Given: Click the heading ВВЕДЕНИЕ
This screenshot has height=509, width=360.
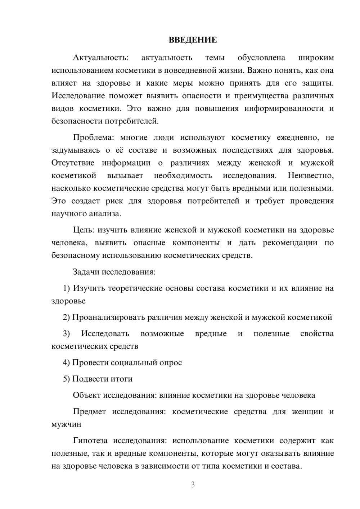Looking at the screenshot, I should (x=193, y=40).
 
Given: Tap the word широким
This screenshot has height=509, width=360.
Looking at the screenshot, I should (x=316, y=58).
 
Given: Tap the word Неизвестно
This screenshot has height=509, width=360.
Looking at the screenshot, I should (x=310, y=176).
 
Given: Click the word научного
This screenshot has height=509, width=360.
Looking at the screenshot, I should (x=69, y=214).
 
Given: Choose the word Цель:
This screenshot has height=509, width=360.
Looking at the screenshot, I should (x=84, y=230).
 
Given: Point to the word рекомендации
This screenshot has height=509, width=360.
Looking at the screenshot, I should (x=290, y=243).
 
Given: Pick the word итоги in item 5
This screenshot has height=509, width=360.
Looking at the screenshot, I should (x=122, y=379).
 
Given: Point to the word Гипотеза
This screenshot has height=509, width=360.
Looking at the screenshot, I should (x=90, y=441).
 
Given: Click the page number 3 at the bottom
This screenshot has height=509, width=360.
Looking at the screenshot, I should (x=193, y=485).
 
